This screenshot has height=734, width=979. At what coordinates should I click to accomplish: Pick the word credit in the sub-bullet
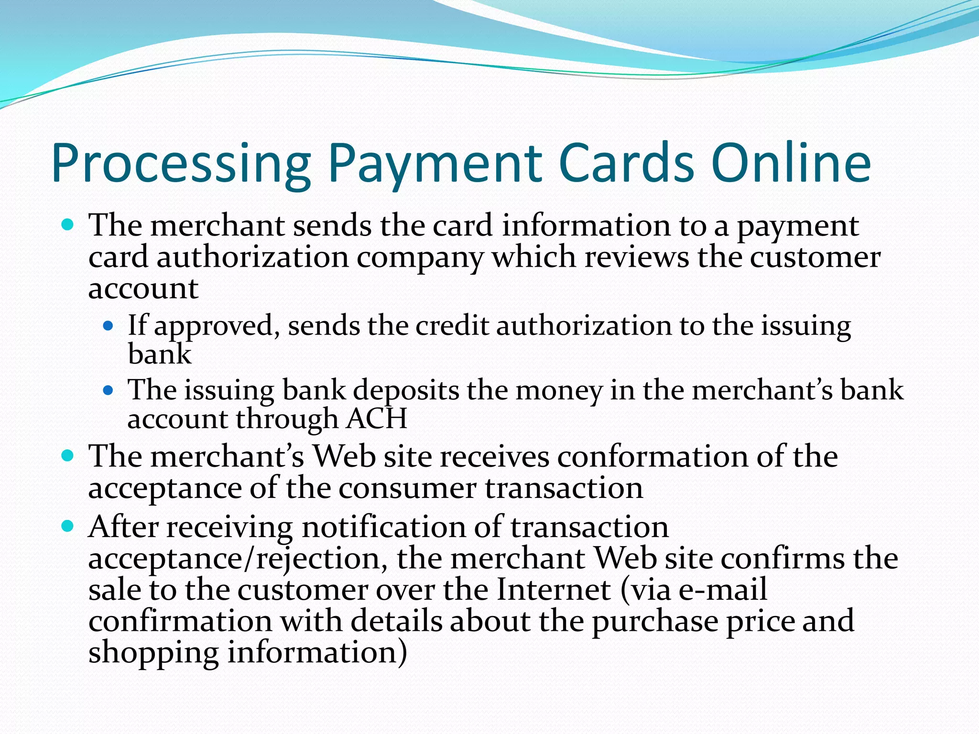pos(452,326)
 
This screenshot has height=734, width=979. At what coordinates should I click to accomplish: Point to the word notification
pos(384,527)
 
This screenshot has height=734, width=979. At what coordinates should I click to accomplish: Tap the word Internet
pos(554,590)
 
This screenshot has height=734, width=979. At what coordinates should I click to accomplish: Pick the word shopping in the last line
pos(153,654)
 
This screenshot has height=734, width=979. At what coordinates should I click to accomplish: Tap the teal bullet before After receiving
pos(68,527)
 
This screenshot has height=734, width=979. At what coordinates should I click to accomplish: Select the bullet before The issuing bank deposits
pos(109,390)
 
